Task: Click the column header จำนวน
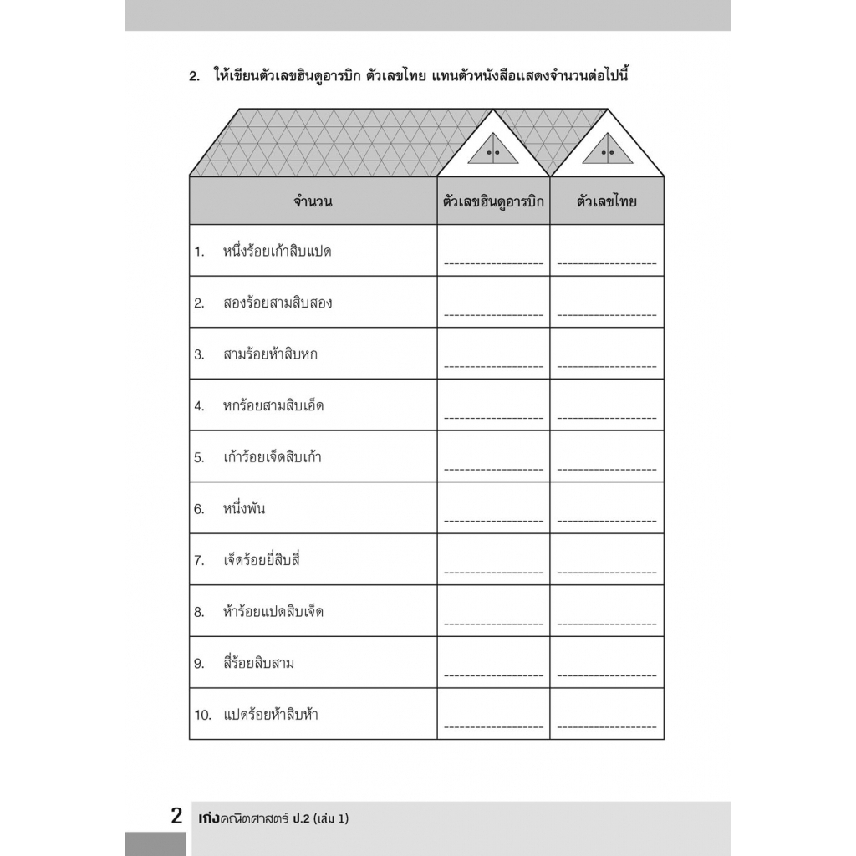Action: (x=313, y=201)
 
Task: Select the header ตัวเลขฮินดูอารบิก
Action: (x=493, y=201)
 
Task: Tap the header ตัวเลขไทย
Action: (x=607, y=201)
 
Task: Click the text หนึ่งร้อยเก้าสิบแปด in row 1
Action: (x=277, y=251)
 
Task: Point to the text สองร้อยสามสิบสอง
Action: (x=278, y=303)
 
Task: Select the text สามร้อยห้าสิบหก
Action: (x=270, y=354)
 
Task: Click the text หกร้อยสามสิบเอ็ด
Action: (x=273, y=406)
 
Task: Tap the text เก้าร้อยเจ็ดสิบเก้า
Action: (x=273, y=458)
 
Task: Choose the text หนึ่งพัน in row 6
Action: (x=244, y=509)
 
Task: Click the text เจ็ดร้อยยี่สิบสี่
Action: (x=262, y=560)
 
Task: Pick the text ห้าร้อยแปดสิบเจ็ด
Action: (x=273, y=612)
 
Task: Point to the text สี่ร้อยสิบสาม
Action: (x=258, y=664)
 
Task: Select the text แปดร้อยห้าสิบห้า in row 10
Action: (x=271, y=716)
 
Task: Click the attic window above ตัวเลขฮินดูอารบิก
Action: (x=493, y=150)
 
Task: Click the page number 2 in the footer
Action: (x=176, y=817)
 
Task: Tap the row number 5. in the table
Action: (x=199, y=458)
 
